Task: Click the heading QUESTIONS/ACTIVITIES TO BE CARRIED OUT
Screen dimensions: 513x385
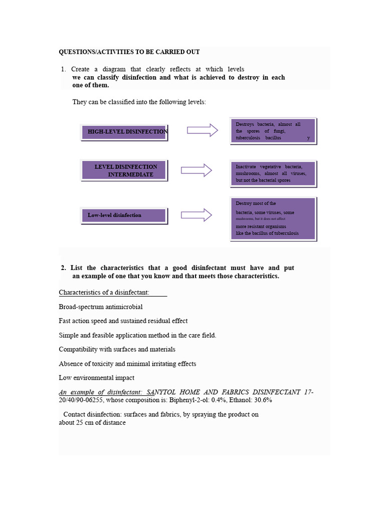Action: (x=129, y=52)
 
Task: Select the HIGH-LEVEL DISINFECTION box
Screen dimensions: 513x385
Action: (x=124, y=132)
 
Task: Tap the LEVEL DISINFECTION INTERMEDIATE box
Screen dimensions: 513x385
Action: (x=124, y=170)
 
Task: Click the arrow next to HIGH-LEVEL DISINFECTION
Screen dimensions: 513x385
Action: (x=203, y=130)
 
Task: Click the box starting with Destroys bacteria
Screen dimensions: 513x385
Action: (x=273, y=131)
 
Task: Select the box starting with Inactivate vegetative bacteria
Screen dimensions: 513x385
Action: (x=273, y=173)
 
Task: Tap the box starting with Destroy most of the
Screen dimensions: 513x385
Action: (x=273, y=218)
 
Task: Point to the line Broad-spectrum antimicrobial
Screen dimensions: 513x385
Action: (x=101, y=307)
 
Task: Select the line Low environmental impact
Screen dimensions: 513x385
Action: (x=96, y=378)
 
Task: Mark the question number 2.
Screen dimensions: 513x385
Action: (x=63, y=268)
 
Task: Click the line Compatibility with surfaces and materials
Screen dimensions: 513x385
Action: (x=117, y=349)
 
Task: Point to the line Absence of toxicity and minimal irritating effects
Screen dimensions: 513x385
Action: (x=127, y=364)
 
